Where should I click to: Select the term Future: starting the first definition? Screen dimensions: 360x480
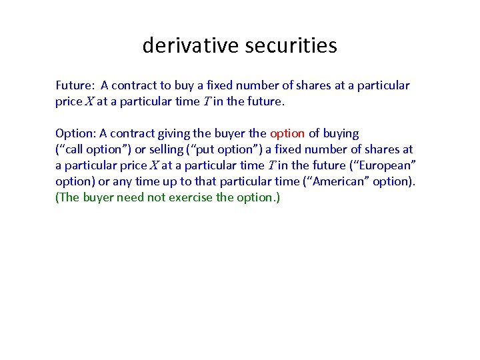75,85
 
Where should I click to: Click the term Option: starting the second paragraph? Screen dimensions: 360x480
76,133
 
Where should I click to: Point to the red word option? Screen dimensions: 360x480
287,133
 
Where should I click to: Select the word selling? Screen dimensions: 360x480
162,149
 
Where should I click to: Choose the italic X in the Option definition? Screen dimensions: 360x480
153,165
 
